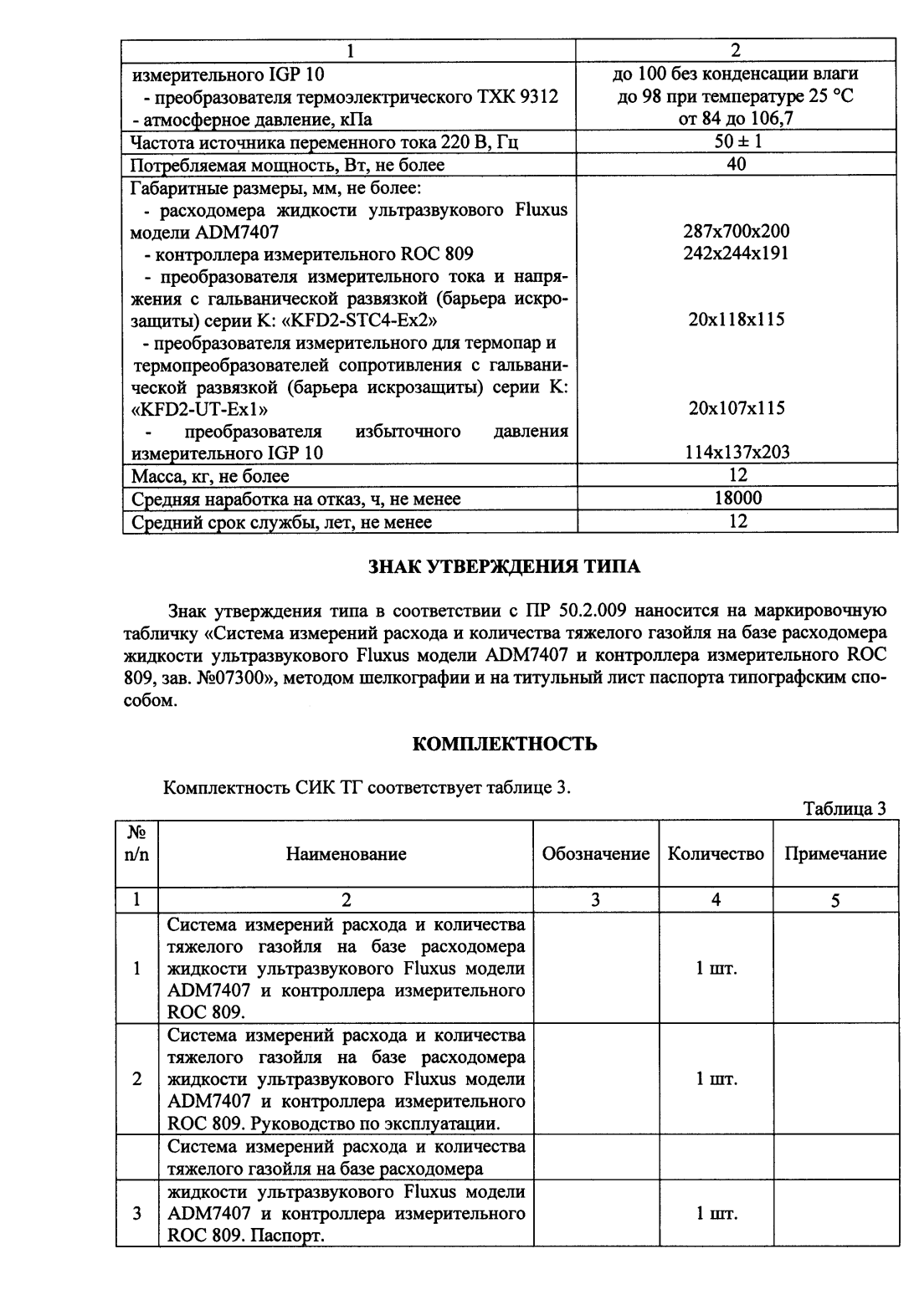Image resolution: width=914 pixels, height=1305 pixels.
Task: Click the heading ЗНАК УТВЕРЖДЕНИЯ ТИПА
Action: (505, 567)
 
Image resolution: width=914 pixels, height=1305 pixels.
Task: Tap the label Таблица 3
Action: (844, 808)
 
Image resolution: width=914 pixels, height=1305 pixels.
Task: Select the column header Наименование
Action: (347, 854)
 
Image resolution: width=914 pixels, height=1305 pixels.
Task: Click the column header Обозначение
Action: (596, 854)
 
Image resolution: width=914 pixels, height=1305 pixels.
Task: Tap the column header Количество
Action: (716, 854)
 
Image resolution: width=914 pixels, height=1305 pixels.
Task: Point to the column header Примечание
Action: (834, 854)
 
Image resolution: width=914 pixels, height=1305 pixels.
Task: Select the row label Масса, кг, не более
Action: (211, 476)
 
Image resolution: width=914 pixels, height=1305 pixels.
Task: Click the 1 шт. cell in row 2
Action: (716, 1079)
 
